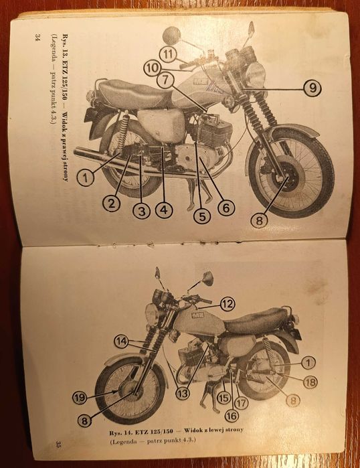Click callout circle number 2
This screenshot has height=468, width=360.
click(112, 202)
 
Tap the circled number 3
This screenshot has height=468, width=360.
click(141, 211)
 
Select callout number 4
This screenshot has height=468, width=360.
click(163, 210)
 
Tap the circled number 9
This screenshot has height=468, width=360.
click(310, 88)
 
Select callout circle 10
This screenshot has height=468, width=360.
click(151, 67)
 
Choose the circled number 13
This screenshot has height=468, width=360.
click(181, 394)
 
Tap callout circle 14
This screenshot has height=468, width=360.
click(121, 340)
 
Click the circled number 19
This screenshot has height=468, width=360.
click(80, 397)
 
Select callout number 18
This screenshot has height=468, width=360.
click(309, 382)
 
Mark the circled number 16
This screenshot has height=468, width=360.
click(231, 415)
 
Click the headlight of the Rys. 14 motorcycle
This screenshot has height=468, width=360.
click(151, 313)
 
